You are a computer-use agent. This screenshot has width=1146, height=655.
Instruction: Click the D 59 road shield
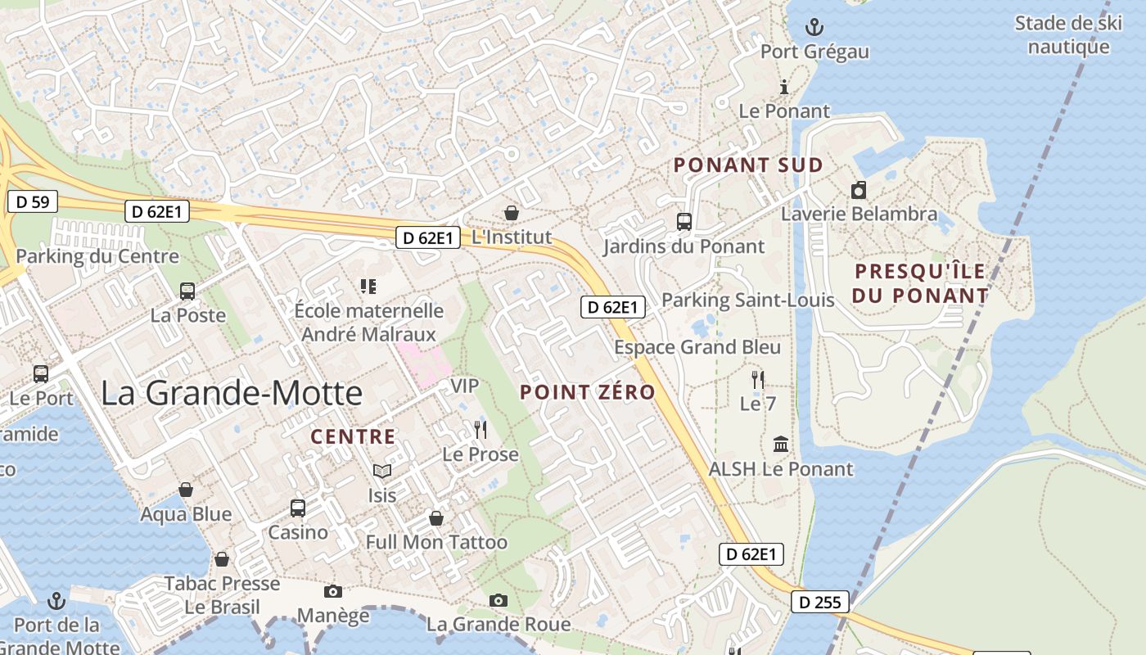(33, 201)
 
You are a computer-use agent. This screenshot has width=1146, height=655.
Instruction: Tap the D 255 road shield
(820, 603)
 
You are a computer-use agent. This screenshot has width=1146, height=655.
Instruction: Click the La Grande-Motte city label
(232, 393)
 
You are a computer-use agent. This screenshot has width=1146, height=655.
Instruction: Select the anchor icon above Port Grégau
(814, 28)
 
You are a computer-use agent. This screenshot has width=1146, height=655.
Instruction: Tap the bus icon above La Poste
(187, 291)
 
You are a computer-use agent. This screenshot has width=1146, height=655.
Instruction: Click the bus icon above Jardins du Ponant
(684, 221)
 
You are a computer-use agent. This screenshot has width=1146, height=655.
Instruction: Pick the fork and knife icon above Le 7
(758, 379)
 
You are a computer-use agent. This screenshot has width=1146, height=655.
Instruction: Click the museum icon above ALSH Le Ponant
(781, 445)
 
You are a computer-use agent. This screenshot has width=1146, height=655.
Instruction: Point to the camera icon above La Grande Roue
(498, 600)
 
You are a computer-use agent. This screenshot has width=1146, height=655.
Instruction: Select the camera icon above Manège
(332, 591)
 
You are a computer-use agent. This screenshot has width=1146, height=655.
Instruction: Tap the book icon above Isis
(381, 471)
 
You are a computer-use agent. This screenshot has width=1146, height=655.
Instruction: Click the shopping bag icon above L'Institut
(512, 213)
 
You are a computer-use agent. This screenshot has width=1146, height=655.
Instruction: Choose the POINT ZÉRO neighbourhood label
(588, 392)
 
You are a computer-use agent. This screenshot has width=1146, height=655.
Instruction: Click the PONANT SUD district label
(748, 165)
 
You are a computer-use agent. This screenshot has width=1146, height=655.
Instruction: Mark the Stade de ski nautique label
(1068, 34)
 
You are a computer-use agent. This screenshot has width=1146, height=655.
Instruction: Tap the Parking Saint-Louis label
(748, 300)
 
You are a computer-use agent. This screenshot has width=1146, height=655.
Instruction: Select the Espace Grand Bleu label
(697, 347)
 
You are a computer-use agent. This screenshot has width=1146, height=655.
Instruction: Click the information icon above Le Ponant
(784, 87)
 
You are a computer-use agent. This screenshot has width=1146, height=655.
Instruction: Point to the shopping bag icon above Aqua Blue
(186, 490)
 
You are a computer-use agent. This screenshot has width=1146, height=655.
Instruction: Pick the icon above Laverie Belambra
(858, 190)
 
